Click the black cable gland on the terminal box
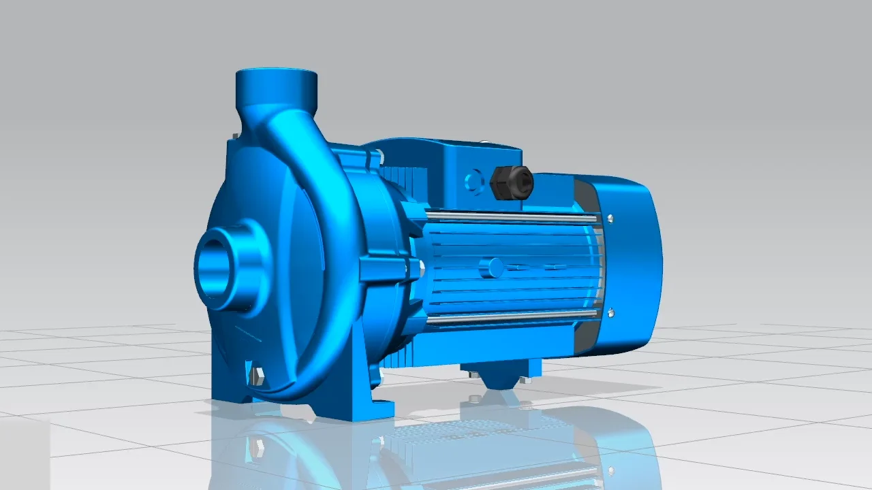(x=511, y=182)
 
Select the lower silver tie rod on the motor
(x=511, y=314)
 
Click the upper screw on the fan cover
(x=610, y=219)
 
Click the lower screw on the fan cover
(x=610, y=312)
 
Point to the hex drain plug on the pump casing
(x=258, y=376)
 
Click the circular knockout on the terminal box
(x=473, y=182)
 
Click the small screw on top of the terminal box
(x=485, y=143)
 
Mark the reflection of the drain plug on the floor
(x=258, y=446)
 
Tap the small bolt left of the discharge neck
(x=235, y=136)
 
